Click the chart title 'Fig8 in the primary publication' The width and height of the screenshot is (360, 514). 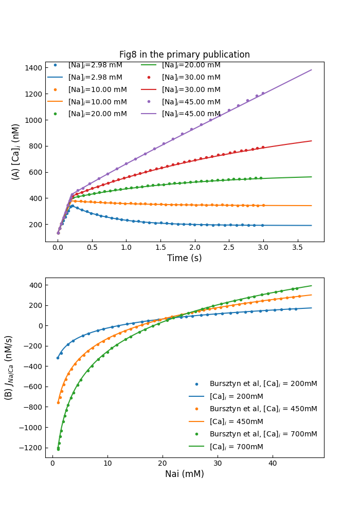tap(184, 54)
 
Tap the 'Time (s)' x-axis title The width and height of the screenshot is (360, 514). tap(184, 258)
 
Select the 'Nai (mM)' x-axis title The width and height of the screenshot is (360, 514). tap(184, 474)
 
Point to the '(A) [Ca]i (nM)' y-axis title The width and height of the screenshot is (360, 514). tap(16, 151)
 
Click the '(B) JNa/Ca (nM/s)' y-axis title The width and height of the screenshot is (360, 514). tap(9, 368)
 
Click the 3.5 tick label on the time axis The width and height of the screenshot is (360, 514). tap(297, 248)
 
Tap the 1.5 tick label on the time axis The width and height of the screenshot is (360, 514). tap(160, 248)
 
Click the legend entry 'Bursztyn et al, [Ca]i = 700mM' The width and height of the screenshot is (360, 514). tap(263, 434)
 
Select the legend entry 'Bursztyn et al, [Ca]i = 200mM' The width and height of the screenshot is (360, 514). tap(263, 383)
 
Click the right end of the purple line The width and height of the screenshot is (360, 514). tap(311, 70)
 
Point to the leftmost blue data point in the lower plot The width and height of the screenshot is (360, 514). tap(58, 358)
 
